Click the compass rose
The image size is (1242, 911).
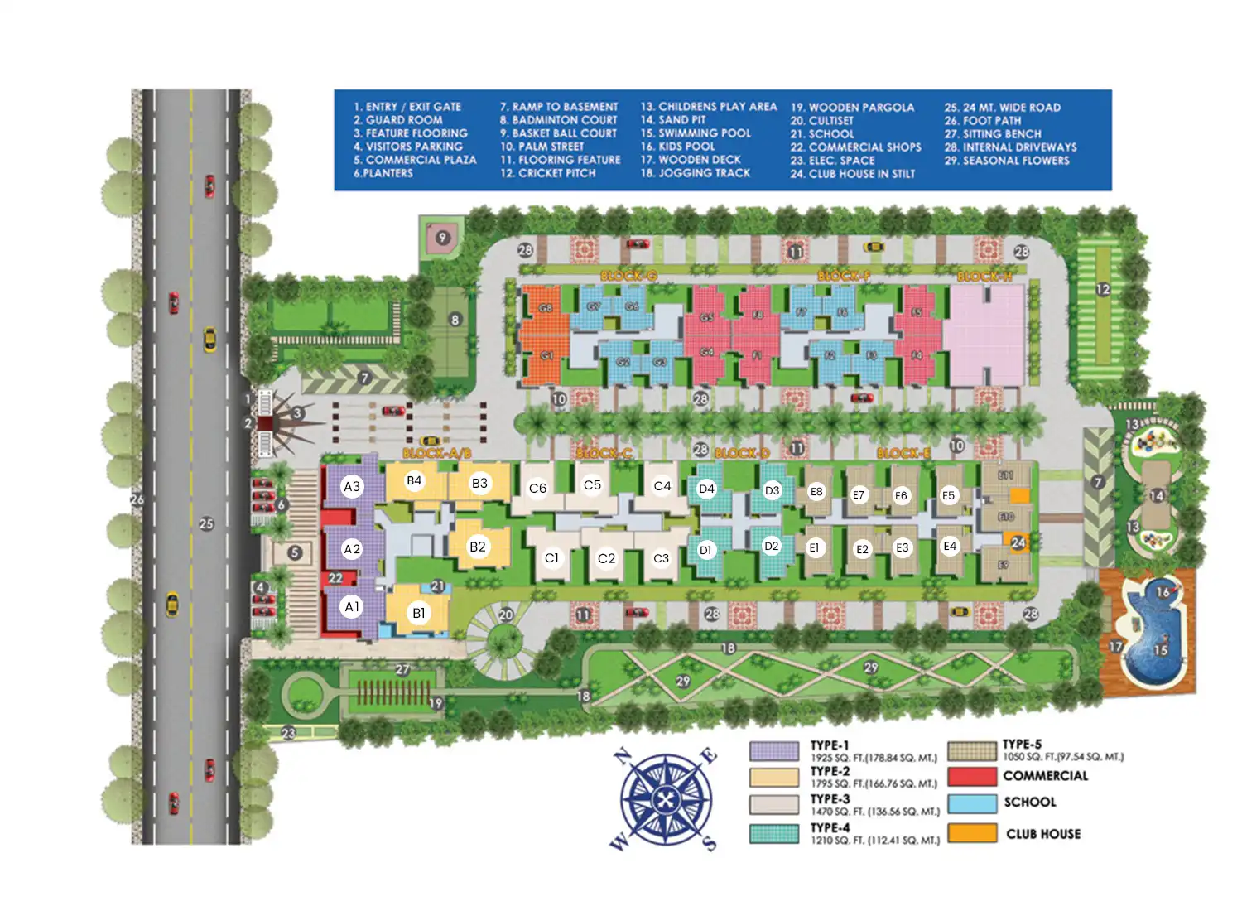coord(665,800)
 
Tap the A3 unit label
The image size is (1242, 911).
coord(352,486)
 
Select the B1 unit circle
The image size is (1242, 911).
coord(419,613)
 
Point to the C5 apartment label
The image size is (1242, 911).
coord(592,484)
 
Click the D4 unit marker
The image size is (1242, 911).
coord(706,489)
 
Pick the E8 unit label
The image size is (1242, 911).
coord(816,491)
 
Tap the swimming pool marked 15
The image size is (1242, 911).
coord(1159,650)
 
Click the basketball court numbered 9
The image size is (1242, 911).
coord(443,238)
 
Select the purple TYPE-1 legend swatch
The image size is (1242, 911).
coord(774,751)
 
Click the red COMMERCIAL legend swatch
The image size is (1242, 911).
coord(972,776)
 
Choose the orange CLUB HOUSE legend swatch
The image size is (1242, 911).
coord(972,833)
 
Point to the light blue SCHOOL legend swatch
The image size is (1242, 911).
coord(972,803)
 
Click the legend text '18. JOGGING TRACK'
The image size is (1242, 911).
coord(696,173)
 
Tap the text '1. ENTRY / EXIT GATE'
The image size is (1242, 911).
coord(407,107)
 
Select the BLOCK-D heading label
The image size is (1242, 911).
coord(742,453)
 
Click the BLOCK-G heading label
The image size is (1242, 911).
coord(628,276)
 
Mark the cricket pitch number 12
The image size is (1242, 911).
coord(1103,289)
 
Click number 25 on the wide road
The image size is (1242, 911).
coord(206,523)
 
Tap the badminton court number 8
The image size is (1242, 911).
coord(455,320)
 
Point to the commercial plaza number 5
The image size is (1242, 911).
coord(295,552)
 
